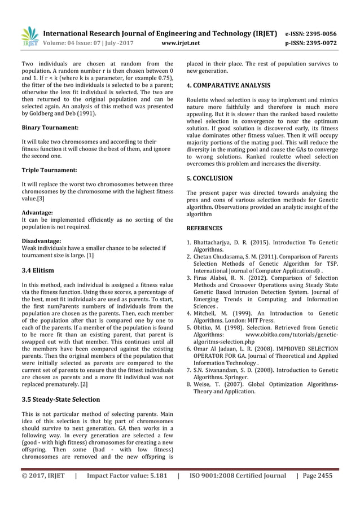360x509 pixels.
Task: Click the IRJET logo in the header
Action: click(x=30, y=37)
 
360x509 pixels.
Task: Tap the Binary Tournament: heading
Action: click(x=50, y=128)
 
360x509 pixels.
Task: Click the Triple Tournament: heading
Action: click(x=49, y=170)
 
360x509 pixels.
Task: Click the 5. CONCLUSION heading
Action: click(x=209, y=178)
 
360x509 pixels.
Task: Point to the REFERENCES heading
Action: click(x=204, y=229)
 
